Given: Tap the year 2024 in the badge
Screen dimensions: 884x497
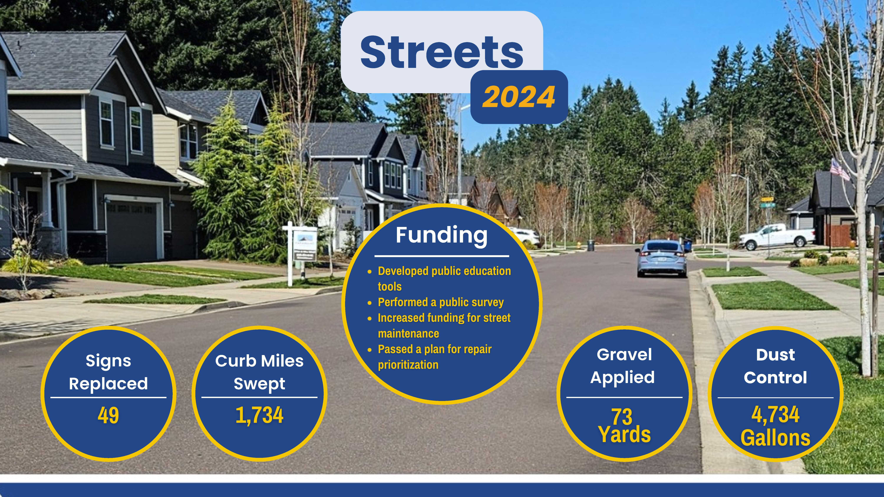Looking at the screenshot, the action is pyautogui.click(x=519, y=97).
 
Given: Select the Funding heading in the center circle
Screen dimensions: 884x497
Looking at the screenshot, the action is pyautogui.click(x=442, y=236).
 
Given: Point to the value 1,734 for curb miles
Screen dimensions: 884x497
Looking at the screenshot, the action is pyautogui.click(x=259, y=415).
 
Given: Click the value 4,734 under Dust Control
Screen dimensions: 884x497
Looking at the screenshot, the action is pyautogui.click(x=776, y=414).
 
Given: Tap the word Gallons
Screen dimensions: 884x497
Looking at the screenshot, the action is pyautogui.click(x=776, y=438).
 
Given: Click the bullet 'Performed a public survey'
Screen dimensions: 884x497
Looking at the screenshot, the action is pyautogui.click(x=441, y=302).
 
